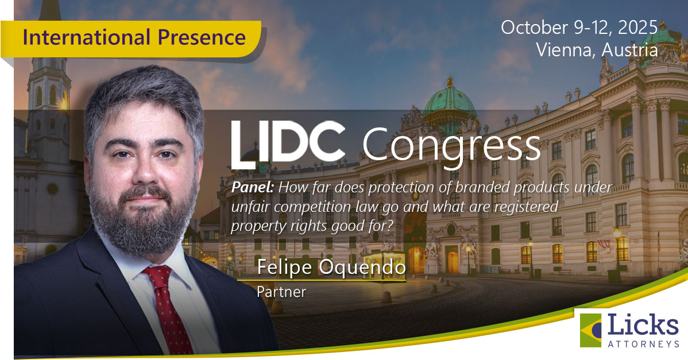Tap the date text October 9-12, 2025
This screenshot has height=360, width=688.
pos(579,27)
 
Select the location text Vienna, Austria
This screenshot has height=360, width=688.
pos(597,50)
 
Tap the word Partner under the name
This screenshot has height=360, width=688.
pos(281,292)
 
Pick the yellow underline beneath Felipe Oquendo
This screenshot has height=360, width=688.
pos(322,280)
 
